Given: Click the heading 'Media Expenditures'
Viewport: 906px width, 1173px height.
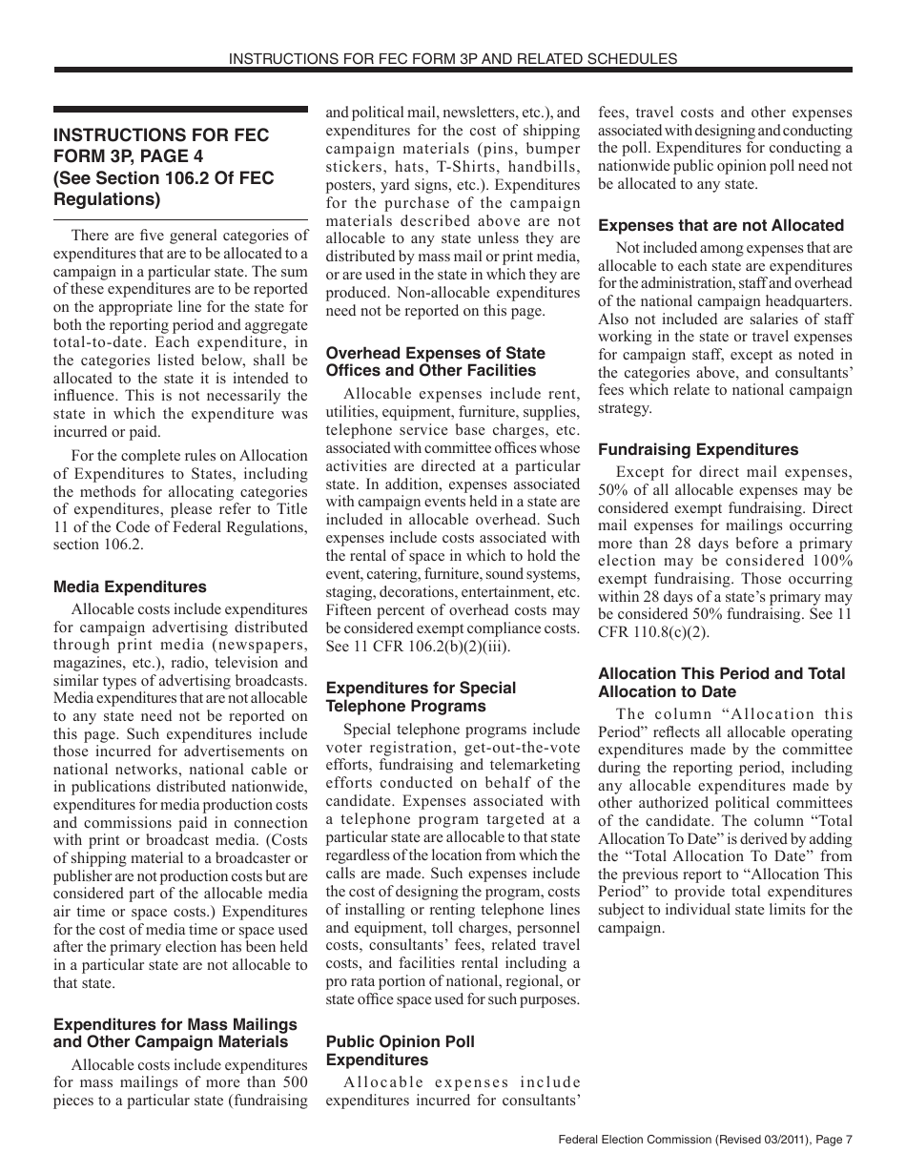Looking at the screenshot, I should tap(130, 587).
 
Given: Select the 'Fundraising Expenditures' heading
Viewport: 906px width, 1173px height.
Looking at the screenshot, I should tap(698, 449).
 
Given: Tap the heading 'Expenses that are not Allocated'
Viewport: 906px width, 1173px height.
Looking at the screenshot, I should tap(721, 225).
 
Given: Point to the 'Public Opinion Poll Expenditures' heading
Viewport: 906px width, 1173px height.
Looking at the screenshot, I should tap(401, 1051).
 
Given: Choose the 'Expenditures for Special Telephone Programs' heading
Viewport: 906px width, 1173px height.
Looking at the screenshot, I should tap(421, 697).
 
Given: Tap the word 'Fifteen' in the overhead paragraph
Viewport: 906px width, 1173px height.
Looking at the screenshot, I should tap(352, 610).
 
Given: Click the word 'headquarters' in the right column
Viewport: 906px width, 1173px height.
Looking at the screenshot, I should tap(805, 301).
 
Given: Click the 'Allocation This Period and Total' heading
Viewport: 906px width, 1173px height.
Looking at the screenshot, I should tap(722, 673).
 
